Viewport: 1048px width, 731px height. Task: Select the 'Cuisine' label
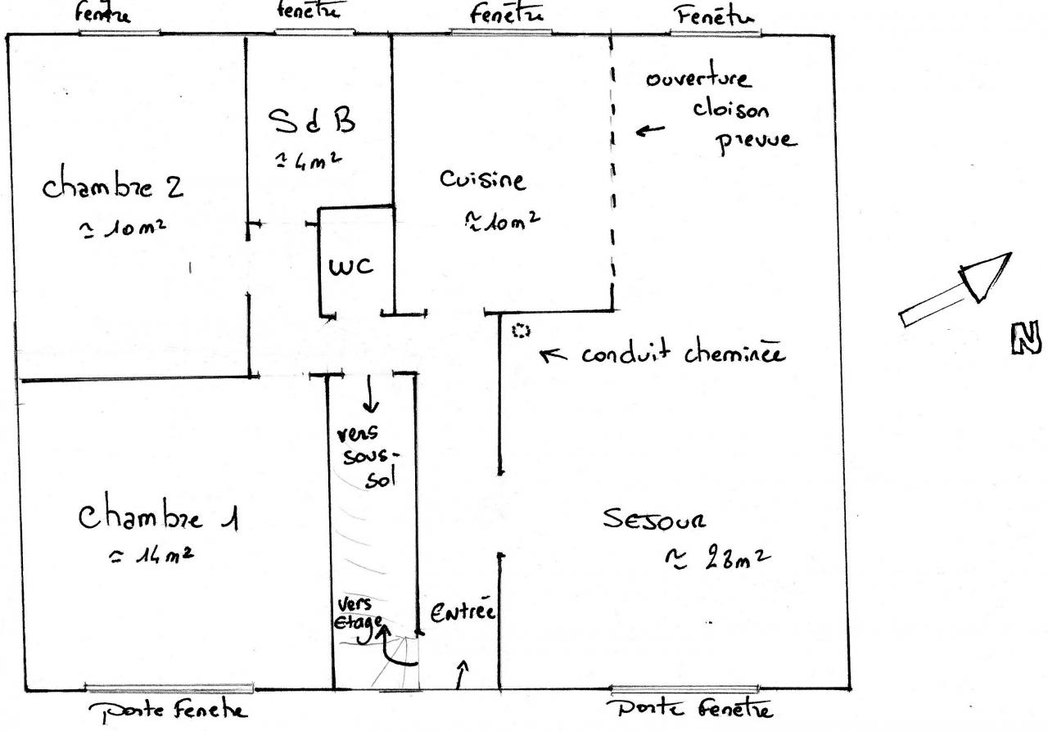click(x=482, y=179)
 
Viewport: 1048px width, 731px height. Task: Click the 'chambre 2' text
click(x=113, y=187)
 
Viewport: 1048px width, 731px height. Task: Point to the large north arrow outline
click(x=957, y=290)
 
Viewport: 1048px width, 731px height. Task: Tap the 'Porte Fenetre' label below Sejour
click(x=689, y=709)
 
